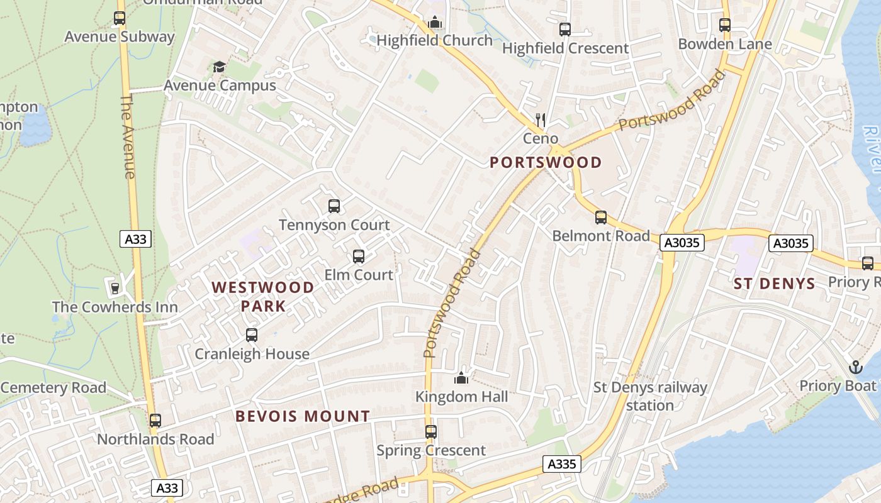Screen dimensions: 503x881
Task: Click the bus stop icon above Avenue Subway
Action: click(120, 18)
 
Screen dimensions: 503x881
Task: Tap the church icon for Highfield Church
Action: click(434, 23)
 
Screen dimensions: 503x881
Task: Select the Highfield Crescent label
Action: click(565, 48)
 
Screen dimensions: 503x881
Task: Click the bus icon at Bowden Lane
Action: click(725, 25)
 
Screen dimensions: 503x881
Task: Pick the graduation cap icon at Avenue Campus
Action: click(219, 67)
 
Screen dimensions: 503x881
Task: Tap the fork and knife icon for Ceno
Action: click(540, 119)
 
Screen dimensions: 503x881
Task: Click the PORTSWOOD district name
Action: click(546, 163)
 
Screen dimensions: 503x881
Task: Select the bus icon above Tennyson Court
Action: click(334, 206)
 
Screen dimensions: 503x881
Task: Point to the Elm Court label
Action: click(358, 275)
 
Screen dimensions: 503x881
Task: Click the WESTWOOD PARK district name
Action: click(263, 297)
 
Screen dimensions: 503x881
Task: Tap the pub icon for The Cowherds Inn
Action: click(115, 289)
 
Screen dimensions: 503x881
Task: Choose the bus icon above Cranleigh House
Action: click(252, 335)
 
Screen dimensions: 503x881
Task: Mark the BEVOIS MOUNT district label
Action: click(302, 416)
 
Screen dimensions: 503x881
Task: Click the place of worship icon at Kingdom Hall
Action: click(461, 378)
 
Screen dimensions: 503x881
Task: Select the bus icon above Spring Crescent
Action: click(431, 432)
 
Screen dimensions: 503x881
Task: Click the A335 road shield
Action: click(561, 464)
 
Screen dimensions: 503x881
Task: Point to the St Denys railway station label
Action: click(651, 396)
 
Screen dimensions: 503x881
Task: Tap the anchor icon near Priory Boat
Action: click(855, 367)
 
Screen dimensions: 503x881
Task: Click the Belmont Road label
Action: click(600, 236)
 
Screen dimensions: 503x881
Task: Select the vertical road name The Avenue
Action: click(128, 136)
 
